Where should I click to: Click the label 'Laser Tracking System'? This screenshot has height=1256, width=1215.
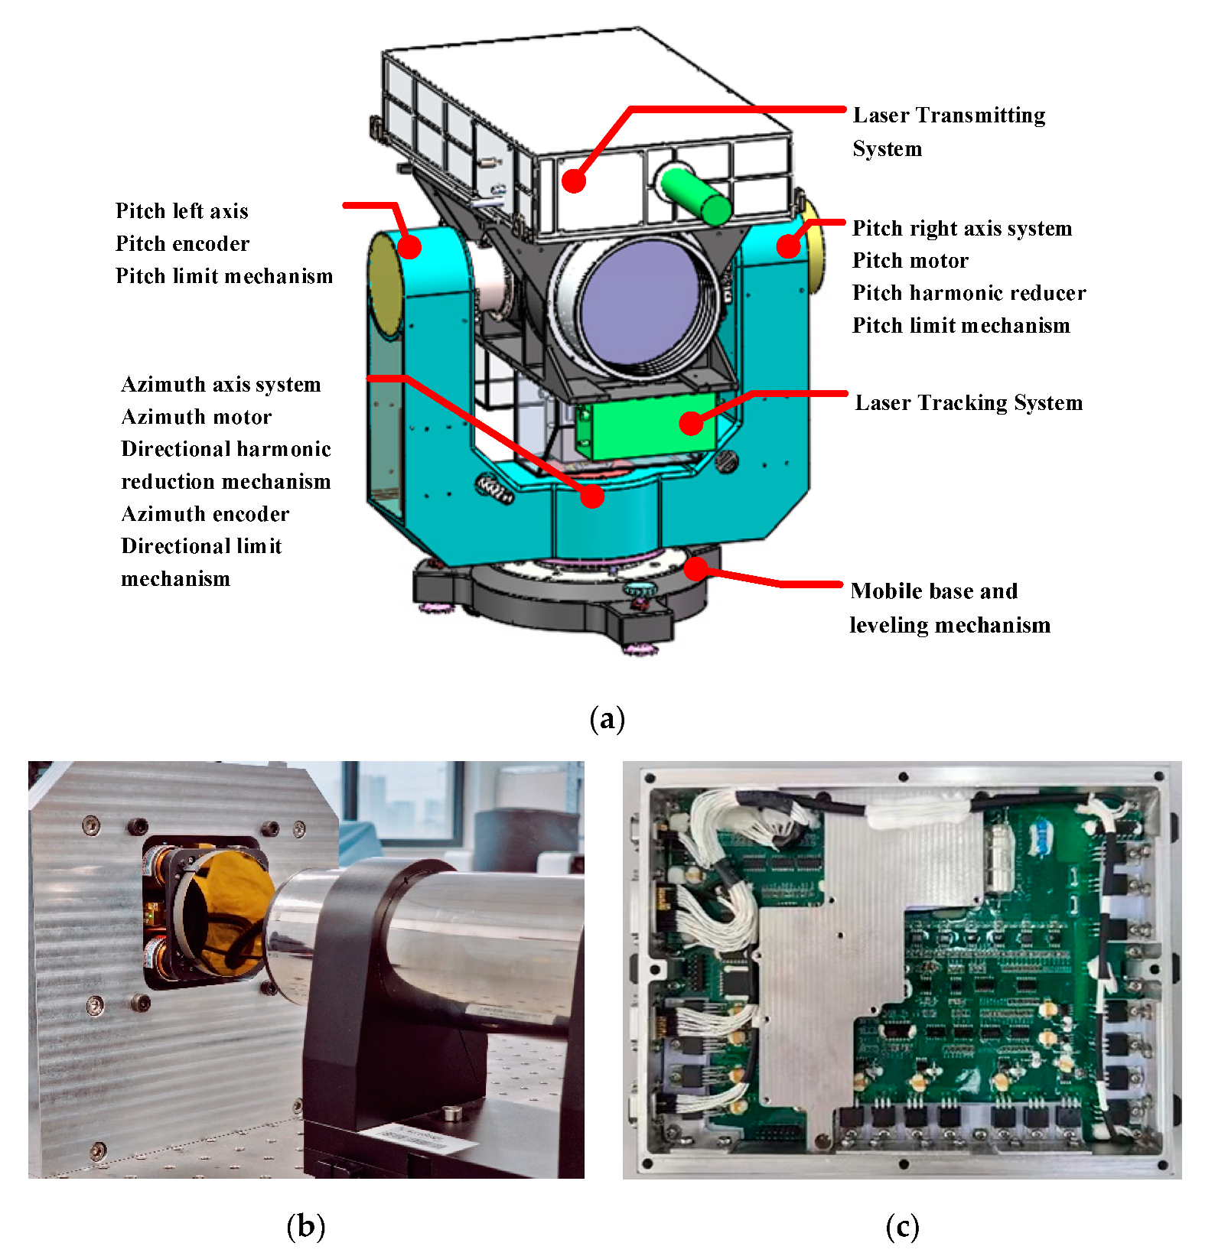click(968, 403)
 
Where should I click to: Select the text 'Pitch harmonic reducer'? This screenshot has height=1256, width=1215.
click(969, 293)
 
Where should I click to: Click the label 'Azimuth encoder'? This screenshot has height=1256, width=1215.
click(205, 514)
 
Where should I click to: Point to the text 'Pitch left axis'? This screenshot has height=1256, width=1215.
click(182, 211)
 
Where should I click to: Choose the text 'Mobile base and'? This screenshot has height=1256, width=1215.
click(933, 591)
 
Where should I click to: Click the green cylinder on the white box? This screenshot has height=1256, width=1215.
click(695, 196)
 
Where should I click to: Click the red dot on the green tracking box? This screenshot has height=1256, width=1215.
click(692, 422)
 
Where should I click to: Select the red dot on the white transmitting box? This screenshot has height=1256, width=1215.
click(573, 181)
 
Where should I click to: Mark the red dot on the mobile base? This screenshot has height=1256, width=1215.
click(695, 568)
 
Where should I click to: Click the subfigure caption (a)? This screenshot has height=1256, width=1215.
click(607, 720)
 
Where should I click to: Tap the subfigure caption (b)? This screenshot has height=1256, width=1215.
click(305, 1227)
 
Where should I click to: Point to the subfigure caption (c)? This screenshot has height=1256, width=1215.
click(902, 1227)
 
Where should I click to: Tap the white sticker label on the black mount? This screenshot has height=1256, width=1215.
click(414, 1137)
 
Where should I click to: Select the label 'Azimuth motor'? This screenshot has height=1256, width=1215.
click(197, 417)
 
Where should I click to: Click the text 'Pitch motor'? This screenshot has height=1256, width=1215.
click(910, 261)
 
